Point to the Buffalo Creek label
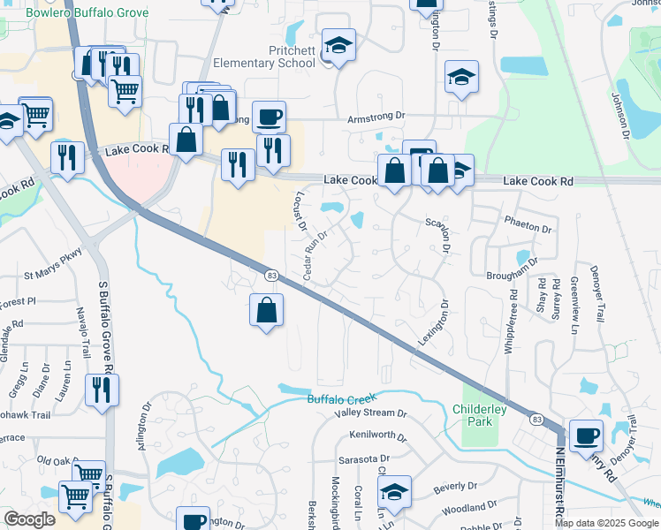pos(342,399)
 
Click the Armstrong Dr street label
pos(376,116)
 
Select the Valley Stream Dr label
pos(370,413)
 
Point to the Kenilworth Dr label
pos(377,436)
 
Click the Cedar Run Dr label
pos(315,256)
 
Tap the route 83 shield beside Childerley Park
pos(536,419)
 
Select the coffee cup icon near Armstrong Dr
pos(270,117)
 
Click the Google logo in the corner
pos(29,519)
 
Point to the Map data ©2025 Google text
pos(606,523)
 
